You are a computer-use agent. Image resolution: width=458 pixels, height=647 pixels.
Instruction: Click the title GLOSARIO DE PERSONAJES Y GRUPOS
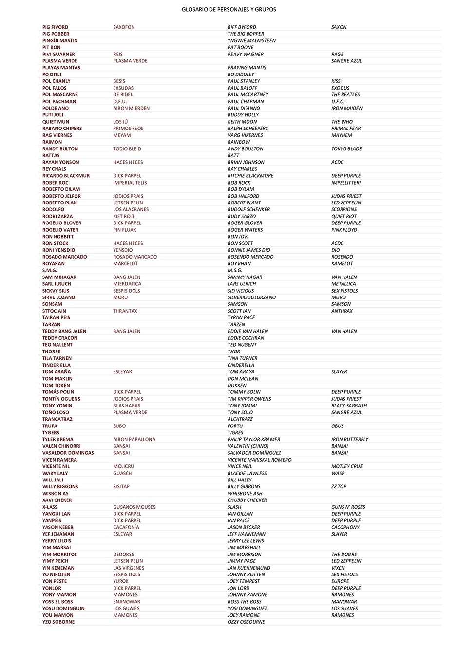coord(229,9)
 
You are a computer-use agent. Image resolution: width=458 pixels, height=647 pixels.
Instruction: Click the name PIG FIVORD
coord(55,27)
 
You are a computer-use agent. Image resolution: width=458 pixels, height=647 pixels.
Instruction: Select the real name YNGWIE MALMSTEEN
coord(251,41)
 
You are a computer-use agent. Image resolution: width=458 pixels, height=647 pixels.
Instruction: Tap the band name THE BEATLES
coord(345,95)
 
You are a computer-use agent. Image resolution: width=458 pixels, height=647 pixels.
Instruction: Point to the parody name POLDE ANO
coord(56,108)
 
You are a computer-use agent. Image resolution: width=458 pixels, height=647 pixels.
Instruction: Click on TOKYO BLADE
coord(346,149)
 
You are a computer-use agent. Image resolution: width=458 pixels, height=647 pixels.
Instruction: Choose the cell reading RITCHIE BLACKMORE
coord(250,176)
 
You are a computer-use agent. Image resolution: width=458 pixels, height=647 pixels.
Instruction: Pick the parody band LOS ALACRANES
coord(131,209)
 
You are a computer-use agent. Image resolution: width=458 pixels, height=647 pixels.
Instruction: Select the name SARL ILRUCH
coord(57,284)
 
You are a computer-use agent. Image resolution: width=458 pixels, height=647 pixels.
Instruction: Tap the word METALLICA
coord(343,284)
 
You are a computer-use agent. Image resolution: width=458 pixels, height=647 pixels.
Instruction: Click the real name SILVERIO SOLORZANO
coord(251,297)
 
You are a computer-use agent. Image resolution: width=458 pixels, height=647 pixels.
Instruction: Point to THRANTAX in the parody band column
coord(125,311)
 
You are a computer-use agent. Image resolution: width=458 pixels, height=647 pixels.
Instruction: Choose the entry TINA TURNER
coord(242,358)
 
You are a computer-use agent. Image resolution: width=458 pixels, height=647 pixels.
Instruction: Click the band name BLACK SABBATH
coord(349,406)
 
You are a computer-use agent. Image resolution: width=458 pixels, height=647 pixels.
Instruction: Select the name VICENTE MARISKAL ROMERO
coord(259,460)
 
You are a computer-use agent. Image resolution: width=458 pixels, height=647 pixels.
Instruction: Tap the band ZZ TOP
coord(339,486)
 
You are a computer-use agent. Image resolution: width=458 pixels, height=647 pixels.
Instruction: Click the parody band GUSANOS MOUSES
coord(134,507)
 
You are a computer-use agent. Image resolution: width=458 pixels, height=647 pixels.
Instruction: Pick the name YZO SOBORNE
coord(58,622)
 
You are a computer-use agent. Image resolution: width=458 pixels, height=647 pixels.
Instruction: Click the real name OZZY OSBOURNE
coord(246,622)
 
